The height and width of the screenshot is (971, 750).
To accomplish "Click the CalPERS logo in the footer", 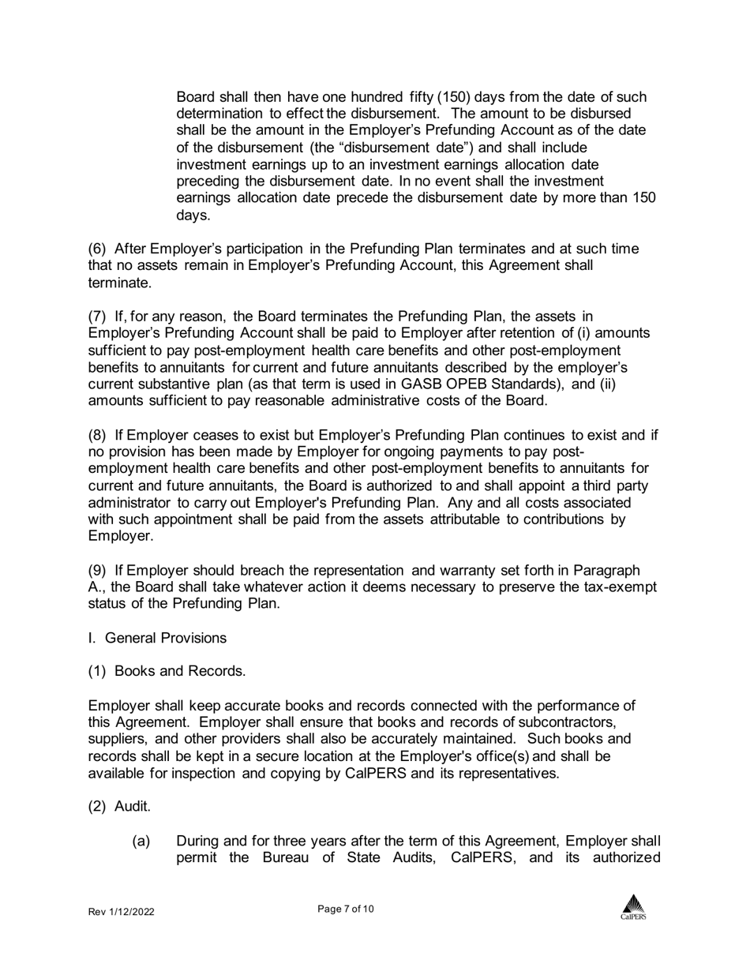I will pos(632,907).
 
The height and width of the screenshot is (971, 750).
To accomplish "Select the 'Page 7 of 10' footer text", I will pos(346,909).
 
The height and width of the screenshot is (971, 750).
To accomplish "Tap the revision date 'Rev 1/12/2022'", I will pos(121,912).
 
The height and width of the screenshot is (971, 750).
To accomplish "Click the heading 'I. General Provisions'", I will pos(157,638).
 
